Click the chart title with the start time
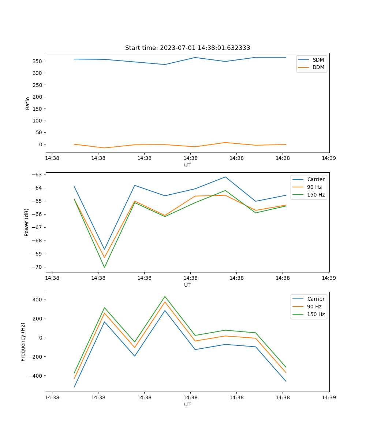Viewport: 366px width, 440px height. [x=187, y=48]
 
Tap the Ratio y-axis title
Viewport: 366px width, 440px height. [x=28, y=103]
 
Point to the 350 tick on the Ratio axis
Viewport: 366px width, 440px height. [x=38, y=61]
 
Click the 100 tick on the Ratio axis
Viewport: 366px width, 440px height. [x=38, y=121]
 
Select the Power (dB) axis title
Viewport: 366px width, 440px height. [x=27, y=223]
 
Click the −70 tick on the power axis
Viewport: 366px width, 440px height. [x=38, y=267]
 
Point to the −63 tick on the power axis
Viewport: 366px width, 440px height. [x=38, y=175]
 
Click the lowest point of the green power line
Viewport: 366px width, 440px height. [x=104, y=267]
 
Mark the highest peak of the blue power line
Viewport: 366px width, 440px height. [x=225, y=177]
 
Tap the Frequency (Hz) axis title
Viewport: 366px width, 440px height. [x=23, y=342]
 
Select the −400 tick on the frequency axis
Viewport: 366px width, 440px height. [x=37, y=376]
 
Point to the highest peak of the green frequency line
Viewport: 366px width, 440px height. [x=165, y=296]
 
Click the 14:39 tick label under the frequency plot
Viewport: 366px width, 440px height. [x=329, y=397]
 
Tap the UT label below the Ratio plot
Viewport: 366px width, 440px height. [x=187, y=165]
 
